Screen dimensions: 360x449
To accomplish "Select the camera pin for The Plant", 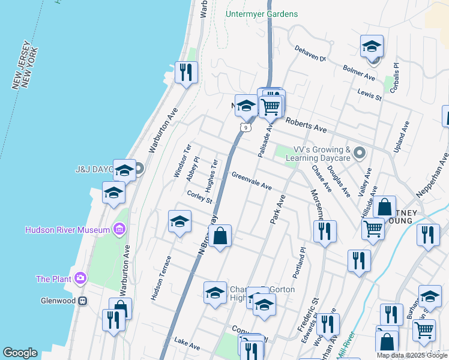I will (79, 278).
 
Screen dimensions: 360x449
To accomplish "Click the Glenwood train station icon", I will (83, 301).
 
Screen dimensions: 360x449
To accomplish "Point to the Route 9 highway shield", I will (243, 127).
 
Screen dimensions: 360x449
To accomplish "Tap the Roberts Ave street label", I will (306, 125).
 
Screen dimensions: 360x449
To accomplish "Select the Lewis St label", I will (369, 93).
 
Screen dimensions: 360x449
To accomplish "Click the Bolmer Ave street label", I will (358, 73).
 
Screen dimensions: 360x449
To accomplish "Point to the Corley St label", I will (199, 196).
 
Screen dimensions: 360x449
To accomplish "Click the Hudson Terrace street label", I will (161, 278).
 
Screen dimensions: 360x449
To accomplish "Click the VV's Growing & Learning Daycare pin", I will (360, 153).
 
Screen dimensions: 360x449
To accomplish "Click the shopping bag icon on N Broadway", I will (220, 236).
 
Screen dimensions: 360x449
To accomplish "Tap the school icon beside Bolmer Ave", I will (372, 46).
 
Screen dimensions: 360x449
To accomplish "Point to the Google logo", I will (20, 353).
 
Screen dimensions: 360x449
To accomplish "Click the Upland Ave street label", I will (404, 135).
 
